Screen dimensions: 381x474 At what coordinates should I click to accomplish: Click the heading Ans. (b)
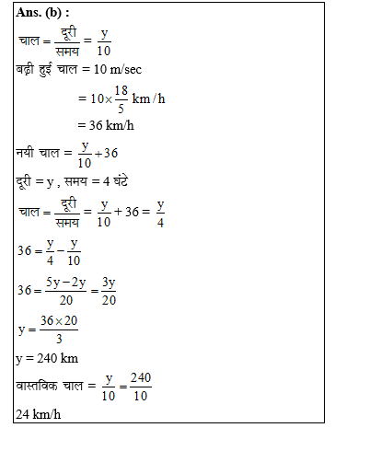tap(45, 13)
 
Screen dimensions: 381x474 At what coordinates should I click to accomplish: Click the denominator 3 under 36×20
tap(58, 338)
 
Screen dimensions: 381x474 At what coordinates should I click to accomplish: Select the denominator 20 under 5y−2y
tap(65, 299)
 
